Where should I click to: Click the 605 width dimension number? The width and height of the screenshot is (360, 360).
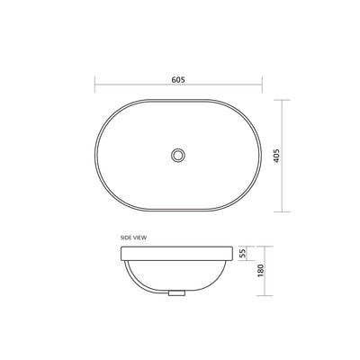pyautogui.click(x=179, y=79)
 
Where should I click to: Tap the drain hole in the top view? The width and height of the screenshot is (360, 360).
pyautogui.click(x=179, y=155)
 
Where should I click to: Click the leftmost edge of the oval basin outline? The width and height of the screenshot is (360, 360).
pyautogui.click(x=96, y=155)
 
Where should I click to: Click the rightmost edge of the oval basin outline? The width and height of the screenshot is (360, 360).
pyautogui.click(x=262, y=155)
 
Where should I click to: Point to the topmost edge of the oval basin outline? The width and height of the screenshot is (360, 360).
pyautogui.click(x=179, y=100)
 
